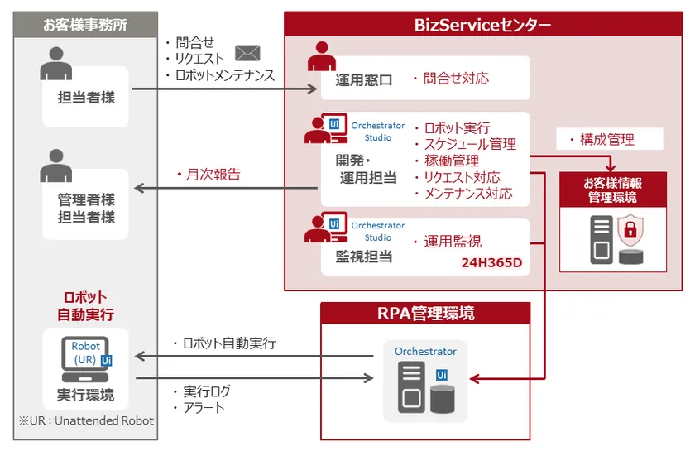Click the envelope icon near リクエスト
(248, 54)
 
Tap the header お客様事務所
(86, 23)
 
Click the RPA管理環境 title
(425, 314)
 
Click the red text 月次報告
(208, 175)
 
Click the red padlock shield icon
(630, 231)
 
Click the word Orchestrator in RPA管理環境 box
(425, 352)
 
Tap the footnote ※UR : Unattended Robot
(86, 420)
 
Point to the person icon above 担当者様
(55, 62)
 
